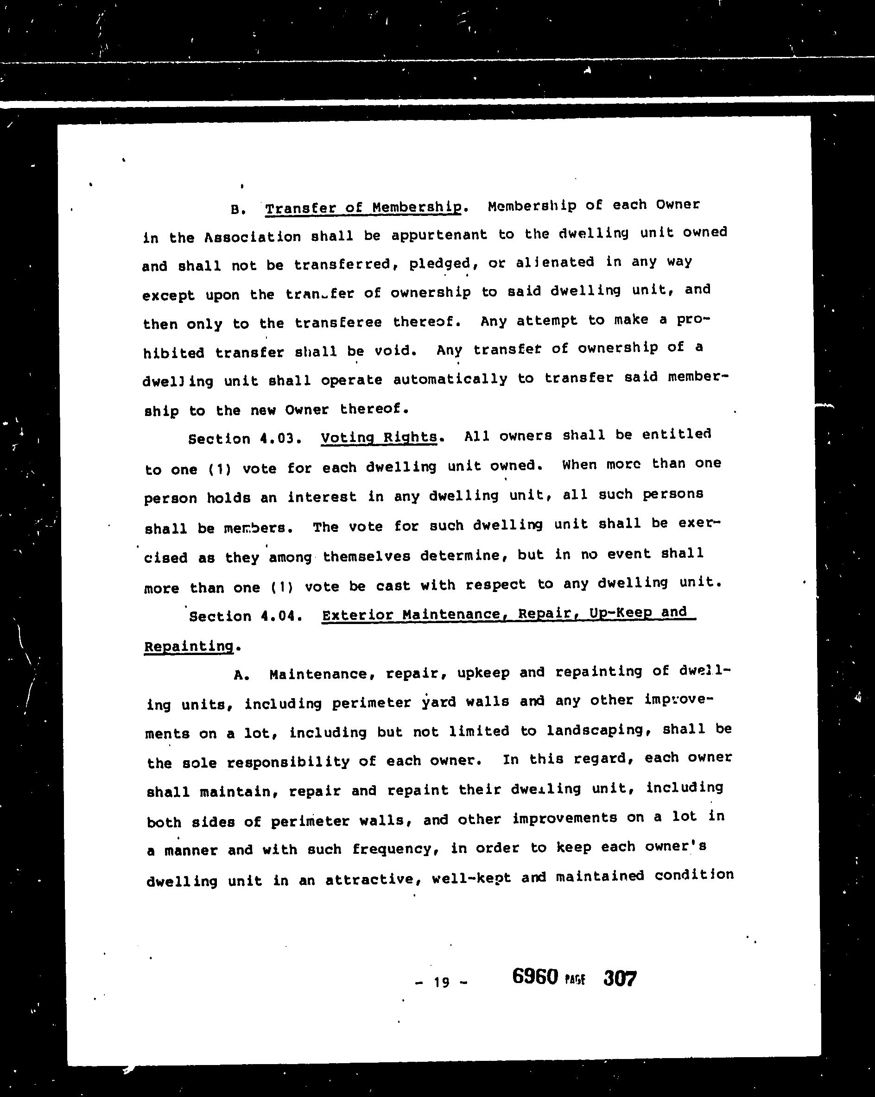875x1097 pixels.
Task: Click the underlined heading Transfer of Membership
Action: point(363,208)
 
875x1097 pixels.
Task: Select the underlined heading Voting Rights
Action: point(379,437)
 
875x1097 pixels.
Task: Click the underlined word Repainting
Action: point(189,647)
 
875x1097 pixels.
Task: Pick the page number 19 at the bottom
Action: point(441,982)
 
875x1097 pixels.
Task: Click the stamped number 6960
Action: point(535,977)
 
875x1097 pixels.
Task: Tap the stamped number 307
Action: point(620,978)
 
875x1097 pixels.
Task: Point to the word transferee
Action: point(338,322)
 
